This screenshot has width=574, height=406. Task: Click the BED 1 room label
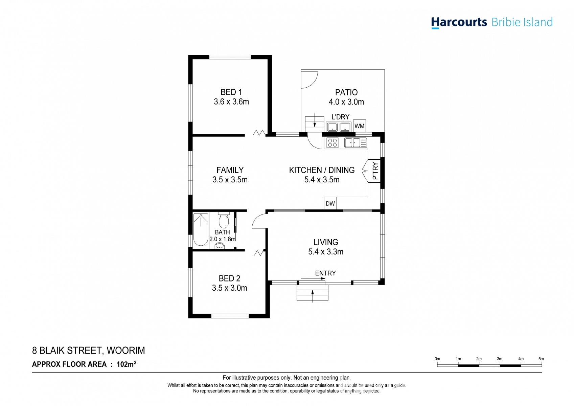point(231,92)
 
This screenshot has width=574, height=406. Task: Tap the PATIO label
point(346,92)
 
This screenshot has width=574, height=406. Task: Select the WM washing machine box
point(359,126)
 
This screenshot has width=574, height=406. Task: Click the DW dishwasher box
point(330,204)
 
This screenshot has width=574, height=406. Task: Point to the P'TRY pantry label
point(375,171)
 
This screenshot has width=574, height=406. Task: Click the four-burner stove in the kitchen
point(332,143)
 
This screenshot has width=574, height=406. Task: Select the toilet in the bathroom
point(224,220)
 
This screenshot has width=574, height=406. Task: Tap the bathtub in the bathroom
point(201,229)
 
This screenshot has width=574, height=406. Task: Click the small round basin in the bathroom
point(220,246)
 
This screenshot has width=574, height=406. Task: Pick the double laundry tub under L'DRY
point(339,127)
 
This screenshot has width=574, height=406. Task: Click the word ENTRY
point(325,273)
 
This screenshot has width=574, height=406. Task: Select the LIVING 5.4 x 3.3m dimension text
point(326,252)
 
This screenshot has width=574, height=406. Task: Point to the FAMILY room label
point(230,170)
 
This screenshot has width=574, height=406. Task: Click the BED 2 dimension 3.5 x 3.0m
point(229,288)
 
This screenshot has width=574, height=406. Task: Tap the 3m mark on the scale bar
point(500,359)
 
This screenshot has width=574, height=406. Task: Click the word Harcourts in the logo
point(459,22)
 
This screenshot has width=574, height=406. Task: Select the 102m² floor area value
point(126,364)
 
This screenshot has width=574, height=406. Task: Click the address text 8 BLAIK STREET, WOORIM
point(88,351)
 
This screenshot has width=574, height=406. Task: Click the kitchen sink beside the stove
point(356,143)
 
